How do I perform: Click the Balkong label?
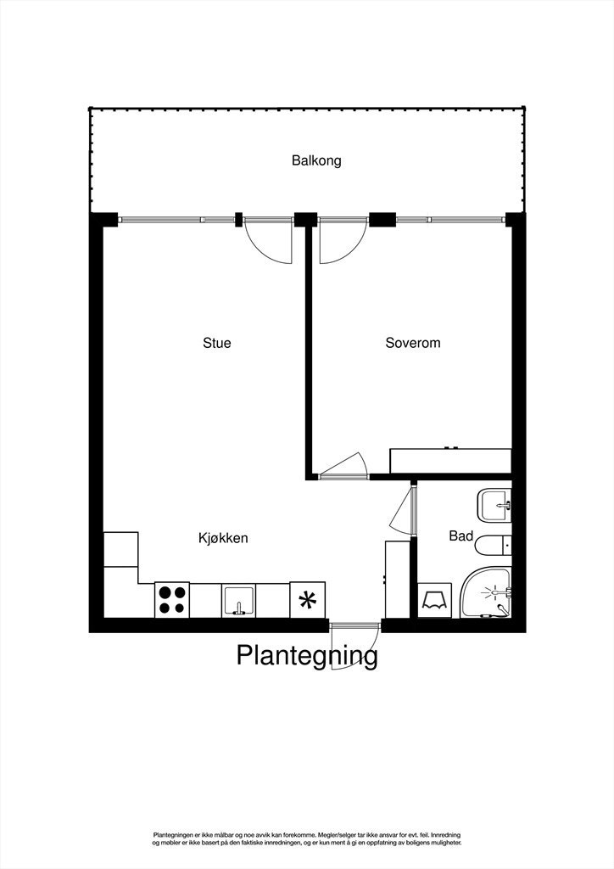coord(316,160)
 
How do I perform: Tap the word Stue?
coord(216,344)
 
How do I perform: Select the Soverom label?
coord(413,344)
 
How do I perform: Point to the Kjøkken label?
coord(223,538)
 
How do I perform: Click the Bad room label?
coord(460,536)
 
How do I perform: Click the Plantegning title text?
coord(306,656)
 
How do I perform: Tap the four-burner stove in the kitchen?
coord(172,600)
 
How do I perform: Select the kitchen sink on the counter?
coord(239,600)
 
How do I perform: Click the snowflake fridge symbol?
coord(308,600)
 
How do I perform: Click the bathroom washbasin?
coord(494,506)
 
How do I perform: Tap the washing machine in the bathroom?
coord(438,599)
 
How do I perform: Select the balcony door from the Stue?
coord(268,241)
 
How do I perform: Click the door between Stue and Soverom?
coord(343,467)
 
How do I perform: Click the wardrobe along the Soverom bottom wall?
coord(450,461)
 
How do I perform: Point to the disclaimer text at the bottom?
coord(307,838)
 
